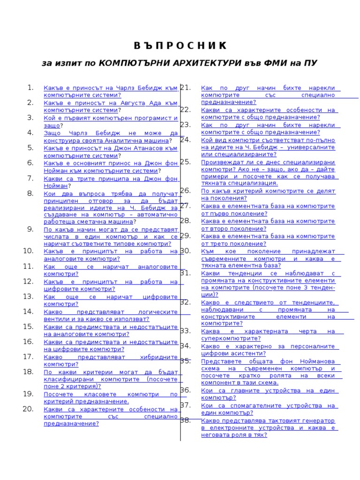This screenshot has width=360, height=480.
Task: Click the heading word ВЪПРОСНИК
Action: pyautogui.click(x=180, y=46)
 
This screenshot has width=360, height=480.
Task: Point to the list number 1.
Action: pyautogui.click(x=30, y=87)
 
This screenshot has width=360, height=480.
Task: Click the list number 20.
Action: pyautogui.click(x=28, y=409)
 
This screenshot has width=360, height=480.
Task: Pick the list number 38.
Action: pyautogui.click(x=185, y=420)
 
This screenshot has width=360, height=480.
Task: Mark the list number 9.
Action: pyautogui.click(x=30, y=229)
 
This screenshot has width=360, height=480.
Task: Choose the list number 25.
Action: pyautogui.click(x=185, y=162)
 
